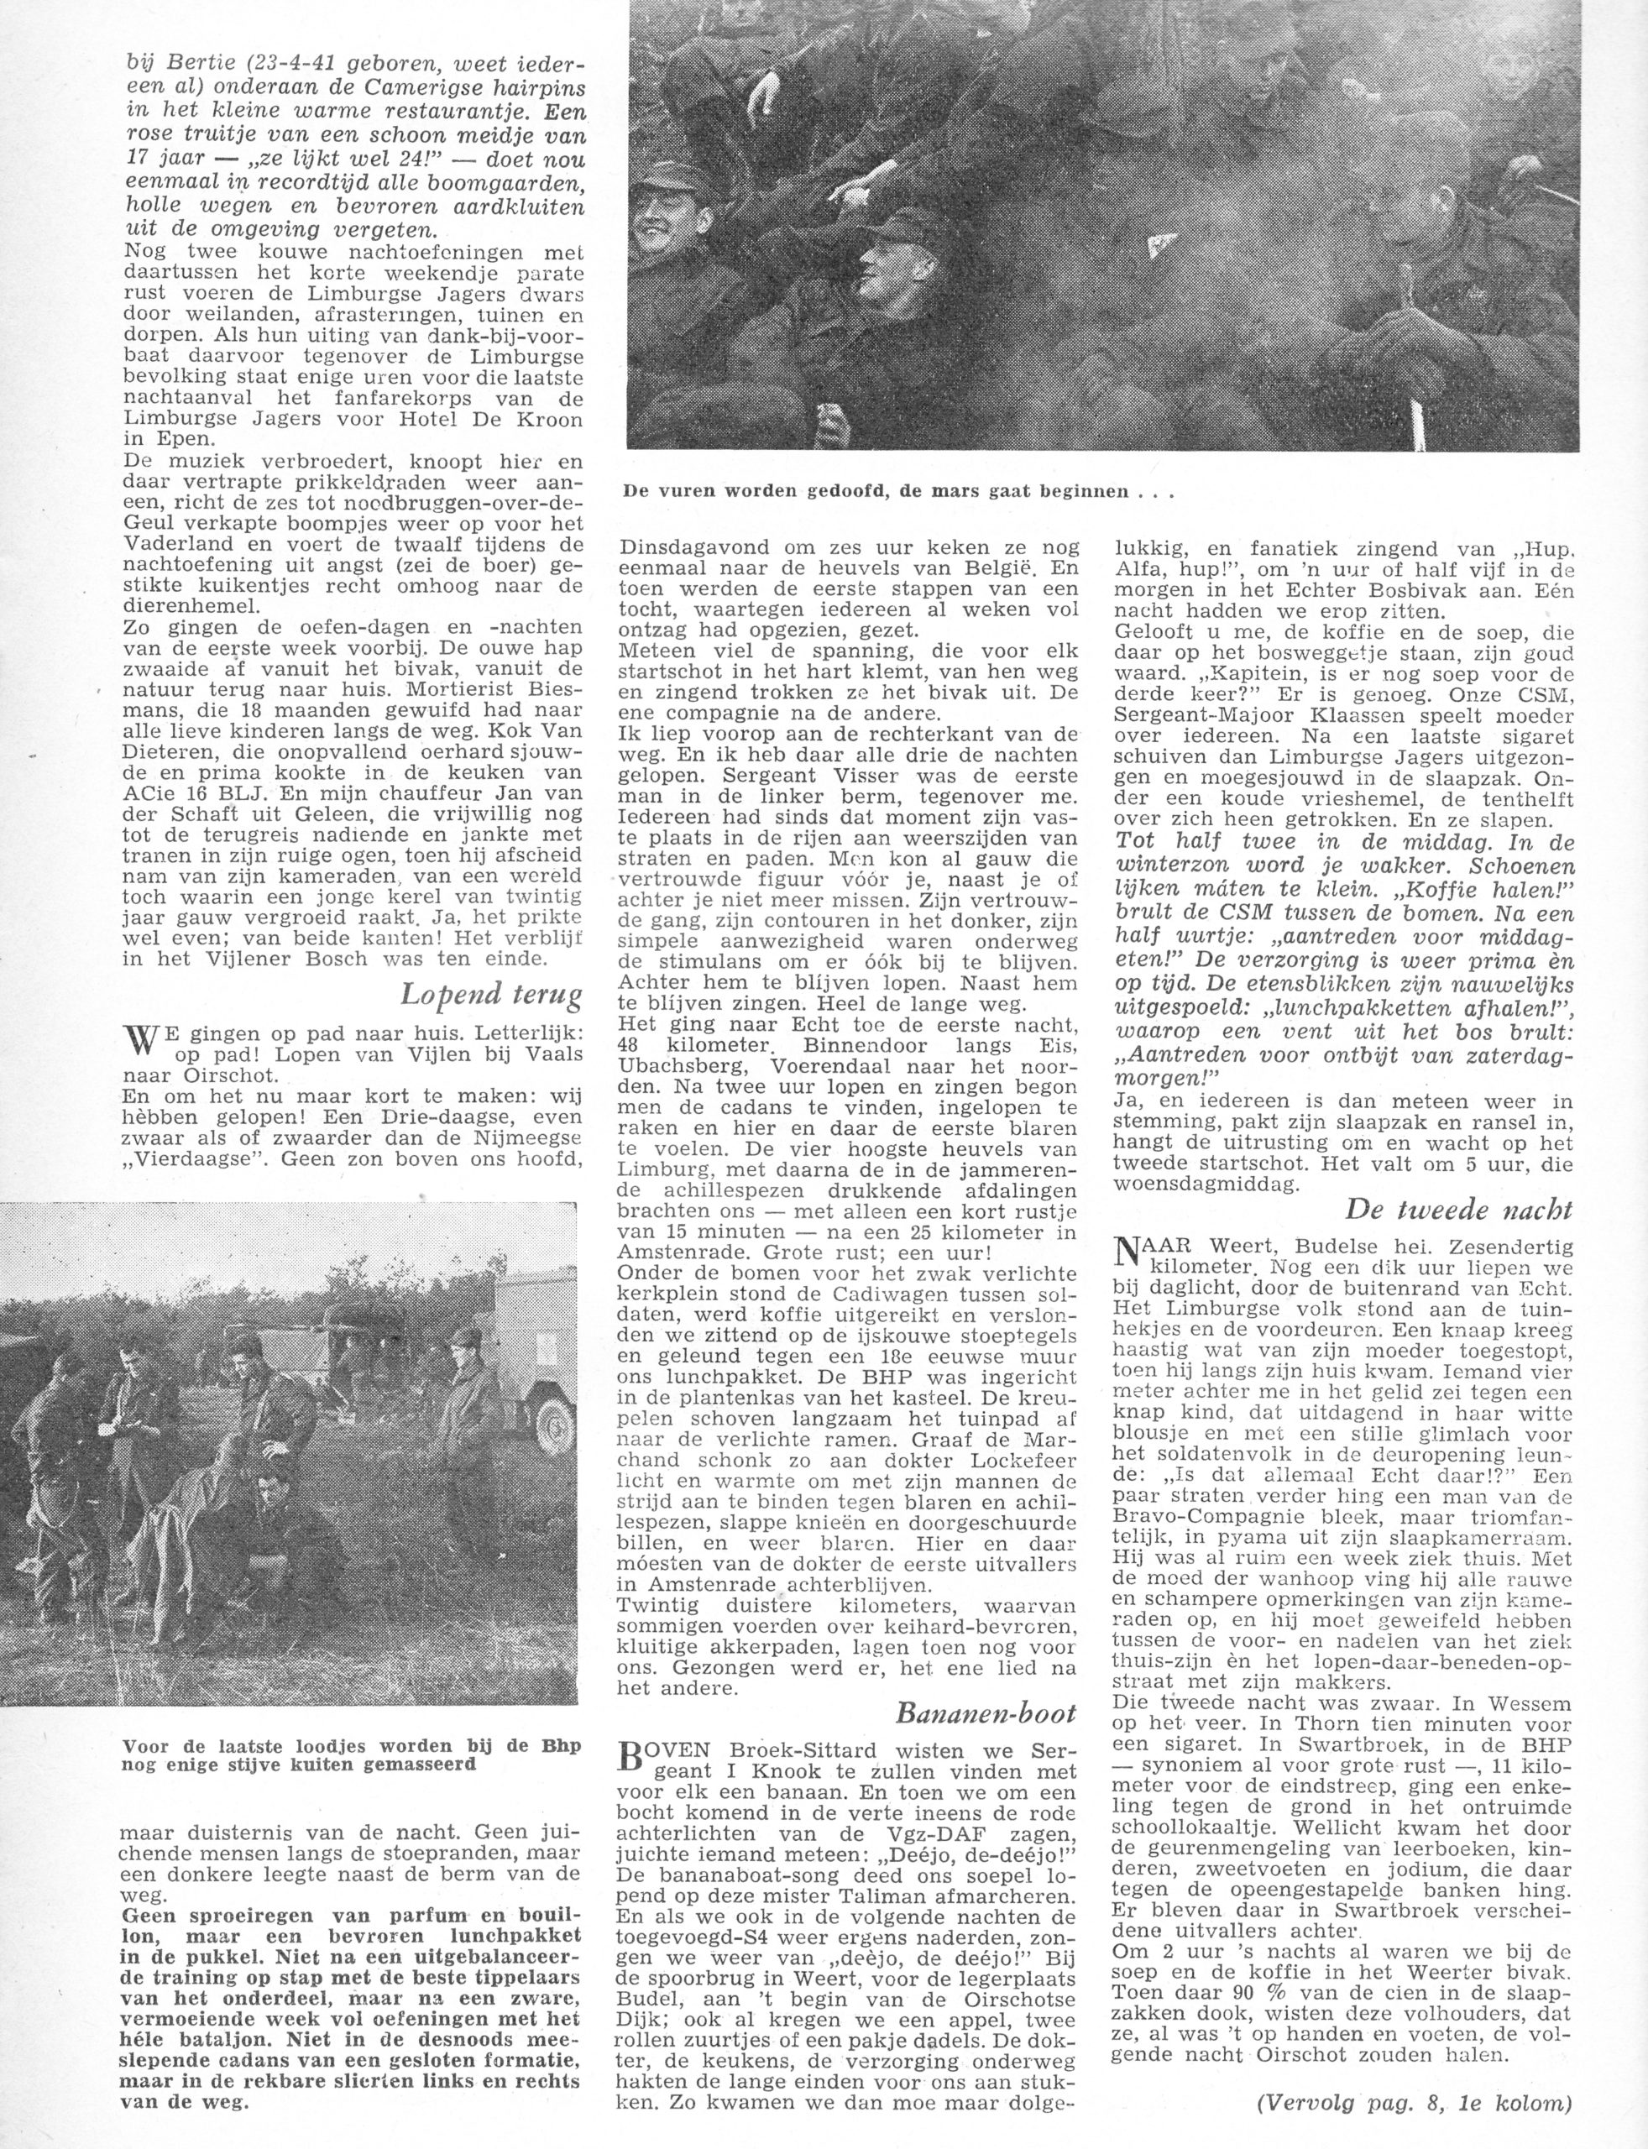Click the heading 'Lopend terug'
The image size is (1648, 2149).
tap(490, 995)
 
